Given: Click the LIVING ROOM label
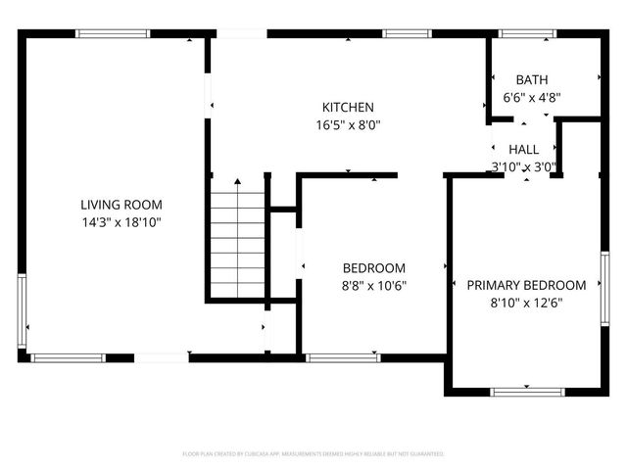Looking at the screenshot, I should coord(121,205).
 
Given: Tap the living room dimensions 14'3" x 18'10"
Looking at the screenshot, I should coord(121,222).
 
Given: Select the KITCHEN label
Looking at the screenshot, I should coord(348,107).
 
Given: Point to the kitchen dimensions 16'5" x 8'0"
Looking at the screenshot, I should coord(348,124).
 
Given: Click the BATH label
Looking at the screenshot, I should coord(532,79).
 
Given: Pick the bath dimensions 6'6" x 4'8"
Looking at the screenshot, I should coord(532,97).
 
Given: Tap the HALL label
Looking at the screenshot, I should coord(524,150).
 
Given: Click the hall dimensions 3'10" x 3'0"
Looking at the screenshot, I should coord(524,166).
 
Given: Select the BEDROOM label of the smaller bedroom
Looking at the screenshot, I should coord(373,267).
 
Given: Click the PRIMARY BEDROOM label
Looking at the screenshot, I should coord(526,285).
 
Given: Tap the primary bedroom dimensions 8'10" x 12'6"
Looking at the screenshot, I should coord(526,303).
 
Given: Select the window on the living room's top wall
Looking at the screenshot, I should coord(114,33).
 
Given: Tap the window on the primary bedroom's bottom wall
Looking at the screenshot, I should coord(528,392).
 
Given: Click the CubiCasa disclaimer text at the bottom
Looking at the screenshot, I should coord(313,454).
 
